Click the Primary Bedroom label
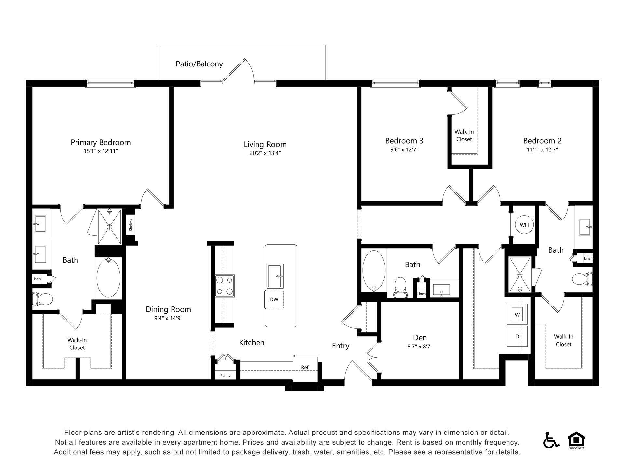point(101,142)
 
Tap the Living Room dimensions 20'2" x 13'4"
point(265,153)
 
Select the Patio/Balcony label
point(199,64)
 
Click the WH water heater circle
point(524,225)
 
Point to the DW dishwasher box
point(274,299)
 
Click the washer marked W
point(517,315)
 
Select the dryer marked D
point(517,336)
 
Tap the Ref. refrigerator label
point(305,367)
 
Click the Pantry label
point(225,376)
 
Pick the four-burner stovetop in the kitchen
point(225,286)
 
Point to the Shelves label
point(131,225)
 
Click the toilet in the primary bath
point(42,299)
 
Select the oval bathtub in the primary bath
point(108,278)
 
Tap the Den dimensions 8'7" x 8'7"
point(420,347)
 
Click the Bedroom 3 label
point(404,141)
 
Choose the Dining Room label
point(168,309)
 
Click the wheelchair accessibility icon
point(551,440)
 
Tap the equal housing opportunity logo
point(576,440)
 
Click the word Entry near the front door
point(340,346)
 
